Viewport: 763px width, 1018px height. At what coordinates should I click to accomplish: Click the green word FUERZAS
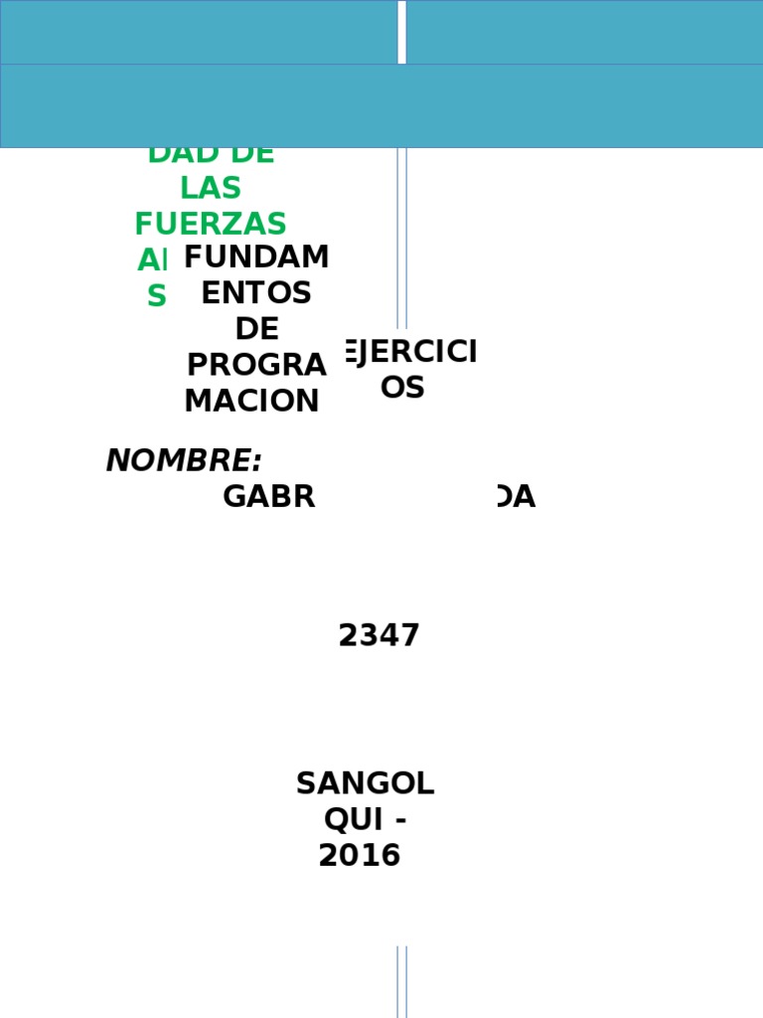point(211,224)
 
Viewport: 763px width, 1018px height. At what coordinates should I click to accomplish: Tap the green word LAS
point(211,188)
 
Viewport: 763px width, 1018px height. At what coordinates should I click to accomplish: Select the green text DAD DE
point(211,154)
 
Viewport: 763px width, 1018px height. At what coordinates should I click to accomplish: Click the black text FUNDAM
point(256,257)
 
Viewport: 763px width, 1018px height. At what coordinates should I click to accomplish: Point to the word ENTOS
point(256,293)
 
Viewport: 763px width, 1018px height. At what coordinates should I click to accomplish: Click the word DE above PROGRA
point(256,329)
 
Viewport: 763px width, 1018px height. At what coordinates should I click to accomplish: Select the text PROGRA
point(256,365)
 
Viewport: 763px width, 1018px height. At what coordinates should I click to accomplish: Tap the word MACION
point(252,401)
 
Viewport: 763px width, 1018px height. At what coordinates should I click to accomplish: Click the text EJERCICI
point(409,352)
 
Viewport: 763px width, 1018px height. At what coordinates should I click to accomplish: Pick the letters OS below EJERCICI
point(402,388)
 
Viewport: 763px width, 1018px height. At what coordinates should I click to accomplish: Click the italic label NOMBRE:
point(184,460)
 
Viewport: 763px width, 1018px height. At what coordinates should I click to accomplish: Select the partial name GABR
point(268,496)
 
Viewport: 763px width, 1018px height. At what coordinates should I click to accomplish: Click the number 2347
point(379,635)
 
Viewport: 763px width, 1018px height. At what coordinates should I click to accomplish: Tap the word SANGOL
point(365,783)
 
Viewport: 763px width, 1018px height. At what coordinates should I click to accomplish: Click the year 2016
point(360,855)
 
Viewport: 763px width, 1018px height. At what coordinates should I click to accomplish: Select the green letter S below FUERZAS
point(157,296)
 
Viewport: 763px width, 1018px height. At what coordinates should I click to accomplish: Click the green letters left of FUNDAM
point(153,260)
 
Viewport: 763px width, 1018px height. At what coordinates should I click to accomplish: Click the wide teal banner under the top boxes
point(381,106)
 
